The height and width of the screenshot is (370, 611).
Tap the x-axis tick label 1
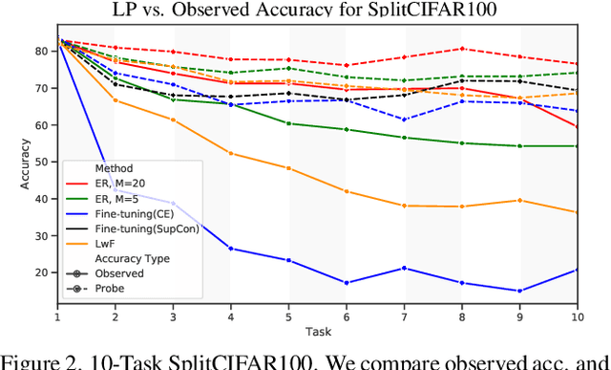[x=57, y=316]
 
